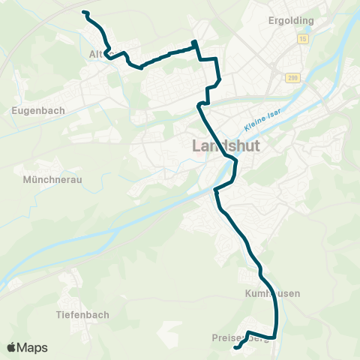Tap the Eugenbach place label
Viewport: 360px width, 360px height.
[x=39, y=109]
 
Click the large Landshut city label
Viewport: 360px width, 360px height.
[x=226, y=145]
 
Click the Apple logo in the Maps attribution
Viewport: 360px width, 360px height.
[x=13, y=347]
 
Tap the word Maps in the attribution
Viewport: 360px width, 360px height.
[x=33, y=347]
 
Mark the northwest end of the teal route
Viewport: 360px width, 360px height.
[x=84, y=13]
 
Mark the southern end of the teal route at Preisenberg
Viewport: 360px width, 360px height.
[x=235, y=348]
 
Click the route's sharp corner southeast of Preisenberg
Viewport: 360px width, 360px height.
[x=275, y=336]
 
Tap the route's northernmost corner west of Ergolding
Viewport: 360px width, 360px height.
[x=195, y=42]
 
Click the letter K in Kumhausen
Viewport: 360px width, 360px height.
[x=248, y=293]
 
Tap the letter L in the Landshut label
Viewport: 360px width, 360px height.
[x=198, y=145]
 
